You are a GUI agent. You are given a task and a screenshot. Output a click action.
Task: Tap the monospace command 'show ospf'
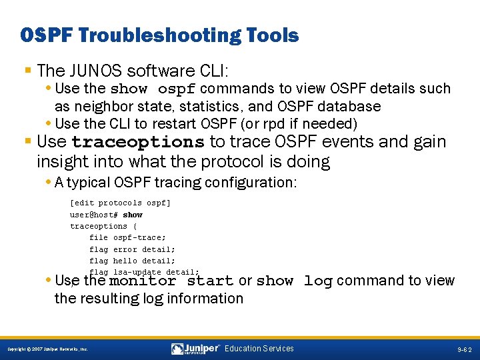pyautogui.click(x=153, y=89)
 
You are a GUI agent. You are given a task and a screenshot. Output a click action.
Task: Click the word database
pyautogui.click(x=351, y=107)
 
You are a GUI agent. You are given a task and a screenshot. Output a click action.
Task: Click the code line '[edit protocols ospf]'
pyautogui.click(x=120, y=203)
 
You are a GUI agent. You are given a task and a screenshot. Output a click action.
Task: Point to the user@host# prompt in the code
pyautogui.click(x=94, y=215)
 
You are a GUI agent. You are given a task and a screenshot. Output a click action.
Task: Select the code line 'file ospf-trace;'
pyautogui.click(x=127, y=237)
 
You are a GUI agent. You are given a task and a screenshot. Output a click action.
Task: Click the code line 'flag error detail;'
pyautogui.click(x=132, y=249)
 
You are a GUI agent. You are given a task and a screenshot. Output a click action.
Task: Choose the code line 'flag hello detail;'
pyautogui.click(x=132, y=261)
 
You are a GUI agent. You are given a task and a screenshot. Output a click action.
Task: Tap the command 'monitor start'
pyautogui.click(x=171, y=281)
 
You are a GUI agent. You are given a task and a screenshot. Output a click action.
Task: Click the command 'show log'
pyautogui.click(x=294, y=281)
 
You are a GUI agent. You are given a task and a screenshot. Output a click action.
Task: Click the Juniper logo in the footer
pyautogui.click(x=196, y=349)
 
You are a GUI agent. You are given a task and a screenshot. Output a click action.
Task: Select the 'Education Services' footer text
pyautogui.click(x=259, y=349)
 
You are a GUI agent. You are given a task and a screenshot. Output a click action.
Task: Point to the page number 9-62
pyautogui.click(x=464, y=349)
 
